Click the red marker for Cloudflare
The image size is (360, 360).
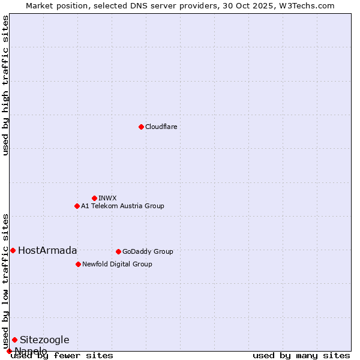point(141,127)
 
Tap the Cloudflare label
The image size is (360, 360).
point(161,127)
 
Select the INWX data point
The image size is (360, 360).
point(94,198)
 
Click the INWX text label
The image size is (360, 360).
point(107,199)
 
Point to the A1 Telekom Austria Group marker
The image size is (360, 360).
point(77,206)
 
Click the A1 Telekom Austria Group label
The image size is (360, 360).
point(122,206)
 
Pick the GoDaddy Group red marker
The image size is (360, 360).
point(118,251)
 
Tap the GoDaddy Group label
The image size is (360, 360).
point(148,252)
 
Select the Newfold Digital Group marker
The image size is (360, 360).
point(78,264)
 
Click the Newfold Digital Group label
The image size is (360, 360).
point(117,265)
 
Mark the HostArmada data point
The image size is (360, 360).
point(13,250)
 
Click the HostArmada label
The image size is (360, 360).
point(47,251)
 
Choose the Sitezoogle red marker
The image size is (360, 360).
point(14,340)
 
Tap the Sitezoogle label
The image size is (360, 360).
point(44,340)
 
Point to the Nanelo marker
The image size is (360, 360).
point(9,351)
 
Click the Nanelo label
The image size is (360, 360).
point(31,351)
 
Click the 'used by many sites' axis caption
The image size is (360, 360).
point(301,356)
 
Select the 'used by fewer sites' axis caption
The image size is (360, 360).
point(62,356)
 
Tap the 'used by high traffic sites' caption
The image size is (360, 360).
point(6,85)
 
